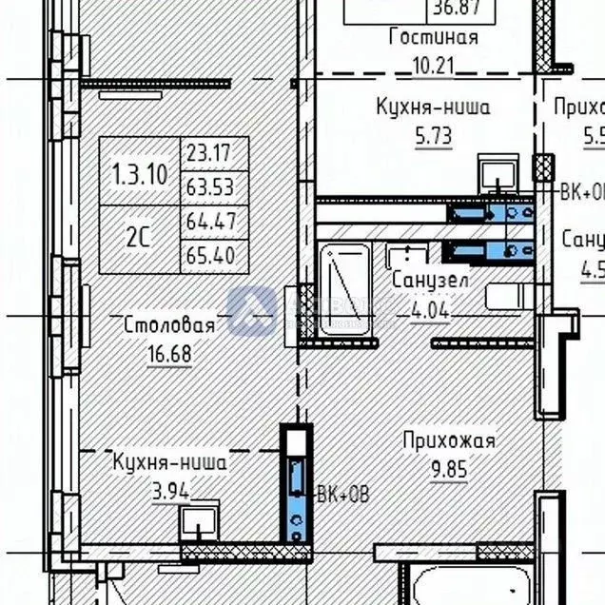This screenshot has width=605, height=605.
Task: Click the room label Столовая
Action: (x=169, y=325)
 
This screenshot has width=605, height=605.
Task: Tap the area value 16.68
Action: (x=169, y=353)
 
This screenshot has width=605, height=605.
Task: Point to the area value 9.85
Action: (x=449, y=469)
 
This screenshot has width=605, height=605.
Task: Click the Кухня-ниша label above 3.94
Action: (x=169, y=463)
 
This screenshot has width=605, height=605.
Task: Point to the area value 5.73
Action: (x=433, y=135)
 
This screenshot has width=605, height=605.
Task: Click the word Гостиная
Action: (x=433, y=38)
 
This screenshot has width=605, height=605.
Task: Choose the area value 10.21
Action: (x=433, y=67)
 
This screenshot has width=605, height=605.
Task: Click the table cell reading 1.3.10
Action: (x=140, y=173)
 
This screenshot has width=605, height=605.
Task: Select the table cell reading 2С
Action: (x=140, y=239)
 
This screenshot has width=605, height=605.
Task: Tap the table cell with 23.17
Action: (x=215, y=152)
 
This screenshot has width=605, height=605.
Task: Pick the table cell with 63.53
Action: (x=215, y=185)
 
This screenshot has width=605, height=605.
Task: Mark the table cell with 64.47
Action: (x=215, y=222)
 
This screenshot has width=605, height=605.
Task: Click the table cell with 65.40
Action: (x=215, y=255)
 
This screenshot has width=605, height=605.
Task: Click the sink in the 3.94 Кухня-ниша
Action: (x=200, y=522)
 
